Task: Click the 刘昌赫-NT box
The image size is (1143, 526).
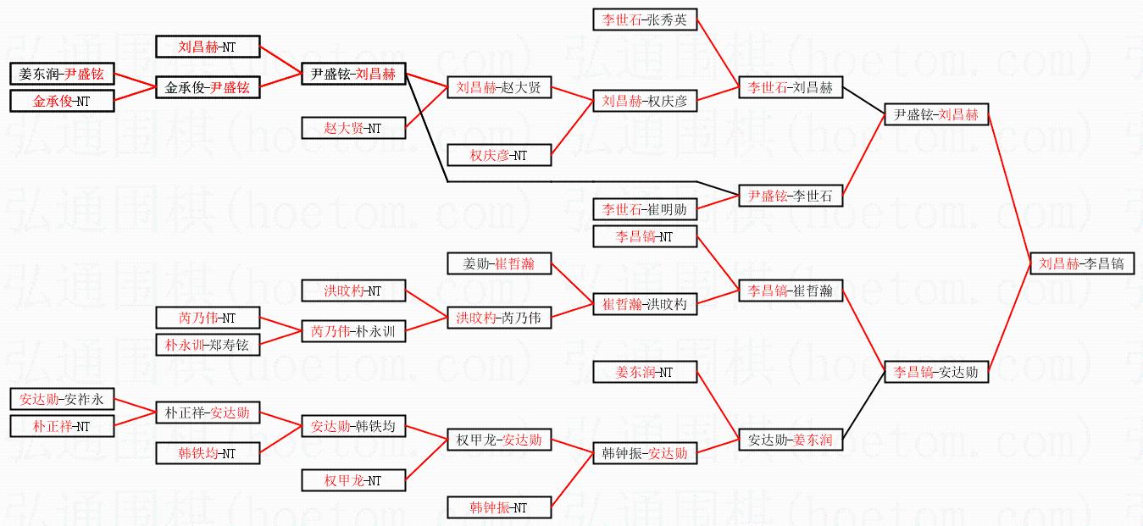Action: [x=208, y=47]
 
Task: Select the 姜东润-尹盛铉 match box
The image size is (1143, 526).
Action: [x=62, y=74]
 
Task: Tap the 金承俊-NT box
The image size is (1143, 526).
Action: [x=62, y=101]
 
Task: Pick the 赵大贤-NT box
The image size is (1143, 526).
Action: [x=353, y=128]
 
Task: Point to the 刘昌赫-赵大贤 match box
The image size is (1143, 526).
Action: [x=499, y=87]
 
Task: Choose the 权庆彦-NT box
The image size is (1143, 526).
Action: [x=499, y=155]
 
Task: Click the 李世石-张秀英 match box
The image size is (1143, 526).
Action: [x=645, y=19]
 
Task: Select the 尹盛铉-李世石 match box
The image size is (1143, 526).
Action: [x=791, y=196]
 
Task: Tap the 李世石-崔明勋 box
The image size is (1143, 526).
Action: [x=645, y=209]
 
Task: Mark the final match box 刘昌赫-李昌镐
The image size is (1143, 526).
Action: [x=1081, y=263]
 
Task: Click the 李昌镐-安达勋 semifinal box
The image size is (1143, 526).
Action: [x=936, y=372]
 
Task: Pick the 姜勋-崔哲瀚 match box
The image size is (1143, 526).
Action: [x=499, y=263]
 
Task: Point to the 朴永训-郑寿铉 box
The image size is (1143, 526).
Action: [x=208, y=345]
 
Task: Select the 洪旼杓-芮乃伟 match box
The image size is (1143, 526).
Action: [x=499, y=318]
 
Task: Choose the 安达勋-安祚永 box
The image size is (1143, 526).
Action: [x=62, y=399]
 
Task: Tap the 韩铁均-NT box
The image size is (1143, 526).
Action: [x=208, y=453]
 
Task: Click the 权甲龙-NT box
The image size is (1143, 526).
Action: [x=353, y=480]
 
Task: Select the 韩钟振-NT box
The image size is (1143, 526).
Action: [x=499, y=507]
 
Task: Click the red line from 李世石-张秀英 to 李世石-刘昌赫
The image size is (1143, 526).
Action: [x=718, y=53]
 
